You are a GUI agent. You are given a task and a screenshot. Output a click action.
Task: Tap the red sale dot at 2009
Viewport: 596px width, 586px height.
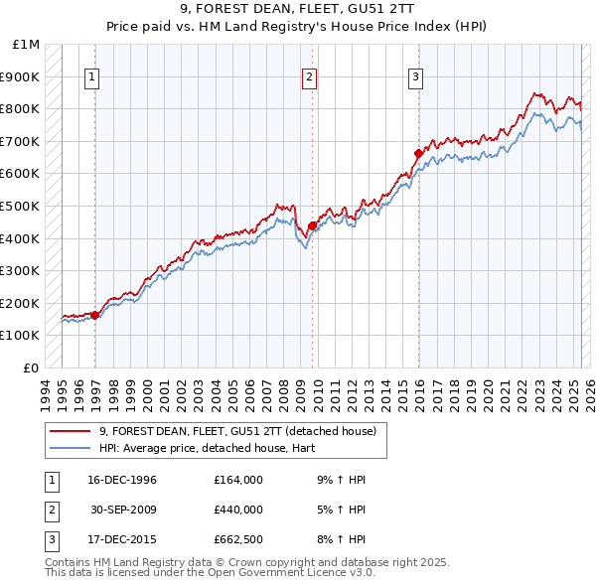[312, 225]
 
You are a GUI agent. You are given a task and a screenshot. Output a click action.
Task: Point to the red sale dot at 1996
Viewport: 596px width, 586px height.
[95, 315]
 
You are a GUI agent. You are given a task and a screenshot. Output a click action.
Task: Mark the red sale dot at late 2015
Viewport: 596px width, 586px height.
[418, 153]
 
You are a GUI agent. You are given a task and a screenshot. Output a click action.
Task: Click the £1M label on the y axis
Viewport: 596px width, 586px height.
[27, 45]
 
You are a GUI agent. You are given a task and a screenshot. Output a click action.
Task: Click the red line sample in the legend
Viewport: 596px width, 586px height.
[71, 432]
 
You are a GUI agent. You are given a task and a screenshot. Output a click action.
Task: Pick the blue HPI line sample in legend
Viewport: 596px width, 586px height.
[71, 448]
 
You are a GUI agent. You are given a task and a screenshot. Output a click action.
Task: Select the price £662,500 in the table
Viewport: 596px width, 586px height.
[238, 539]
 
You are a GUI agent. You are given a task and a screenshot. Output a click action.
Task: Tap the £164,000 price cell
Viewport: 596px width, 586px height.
[238, 480]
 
